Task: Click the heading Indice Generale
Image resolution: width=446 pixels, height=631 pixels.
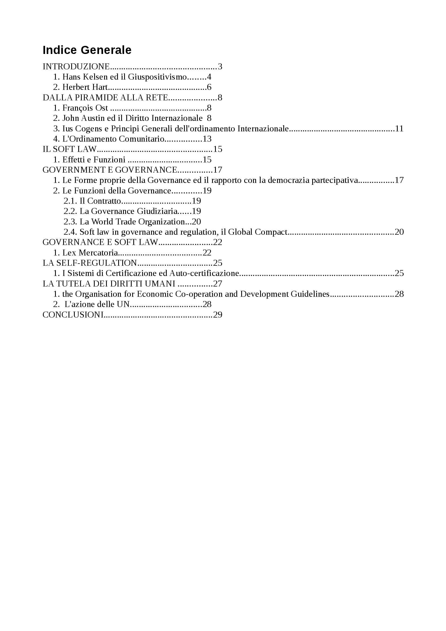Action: tap(87, 50)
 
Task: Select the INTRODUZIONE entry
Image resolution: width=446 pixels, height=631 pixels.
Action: tap(76, 67)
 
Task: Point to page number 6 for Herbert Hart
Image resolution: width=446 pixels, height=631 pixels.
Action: tap(209, 87)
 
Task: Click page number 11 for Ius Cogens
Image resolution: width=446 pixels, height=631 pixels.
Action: tap(399, 129)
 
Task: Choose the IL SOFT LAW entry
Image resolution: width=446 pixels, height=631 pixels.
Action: tap(70, 149)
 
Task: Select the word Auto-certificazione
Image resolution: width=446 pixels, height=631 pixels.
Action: tap(204, 273)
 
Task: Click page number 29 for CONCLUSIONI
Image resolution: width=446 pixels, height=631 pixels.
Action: tap(218, 315)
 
